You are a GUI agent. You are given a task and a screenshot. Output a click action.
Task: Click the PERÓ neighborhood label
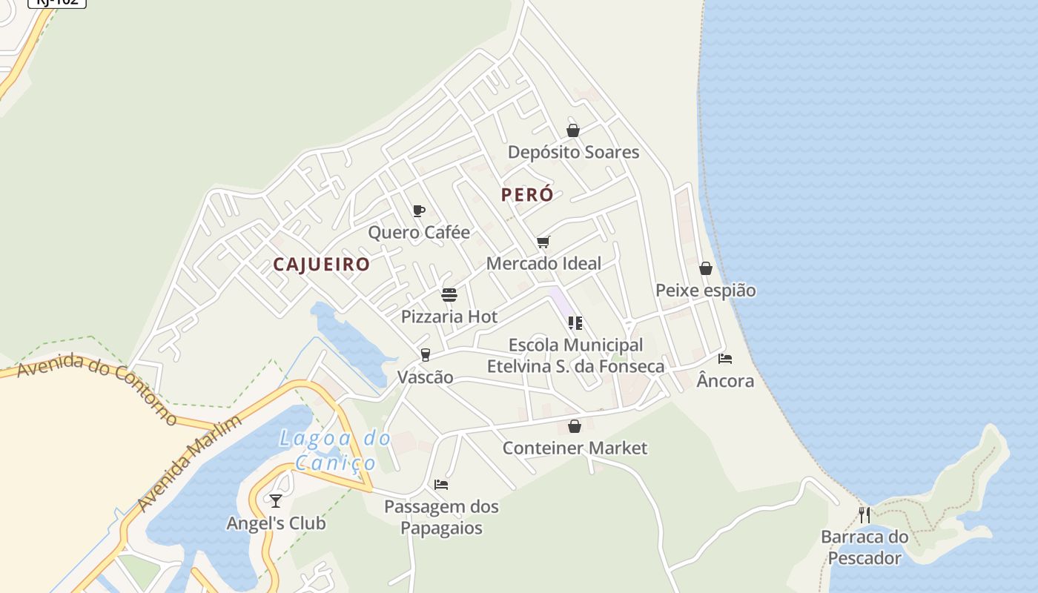point(527,195)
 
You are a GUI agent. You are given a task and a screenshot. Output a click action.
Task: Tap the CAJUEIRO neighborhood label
point(321,265)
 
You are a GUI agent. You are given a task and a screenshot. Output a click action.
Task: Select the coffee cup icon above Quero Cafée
point(418,211)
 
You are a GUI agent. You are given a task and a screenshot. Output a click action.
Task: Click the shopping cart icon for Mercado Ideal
point(543,242)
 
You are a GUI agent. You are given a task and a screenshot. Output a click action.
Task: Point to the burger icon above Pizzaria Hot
point(449,295)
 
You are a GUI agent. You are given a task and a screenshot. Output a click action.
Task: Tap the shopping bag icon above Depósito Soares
point(573,130)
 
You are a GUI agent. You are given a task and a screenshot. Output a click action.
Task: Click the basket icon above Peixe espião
point(706,268)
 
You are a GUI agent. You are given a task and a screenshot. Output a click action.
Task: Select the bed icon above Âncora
point(725,359)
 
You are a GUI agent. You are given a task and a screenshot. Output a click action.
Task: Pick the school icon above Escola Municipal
point(575,323)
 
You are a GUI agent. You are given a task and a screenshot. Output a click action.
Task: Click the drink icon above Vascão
point(425,355)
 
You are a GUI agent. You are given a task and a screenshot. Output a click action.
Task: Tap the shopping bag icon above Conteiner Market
point(575,426)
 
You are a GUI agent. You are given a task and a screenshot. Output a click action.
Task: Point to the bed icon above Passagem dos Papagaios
point(441,485)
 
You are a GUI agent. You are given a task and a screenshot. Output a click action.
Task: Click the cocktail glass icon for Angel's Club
point(276,501)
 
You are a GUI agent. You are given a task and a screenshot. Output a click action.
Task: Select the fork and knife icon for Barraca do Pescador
point(865,514)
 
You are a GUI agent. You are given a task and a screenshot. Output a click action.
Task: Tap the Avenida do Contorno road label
point(96,387)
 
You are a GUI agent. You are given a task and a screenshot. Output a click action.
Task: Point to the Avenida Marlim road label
point(190,463)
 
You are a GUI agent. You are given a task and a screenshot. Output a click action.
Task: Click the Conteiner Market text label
point(575,448)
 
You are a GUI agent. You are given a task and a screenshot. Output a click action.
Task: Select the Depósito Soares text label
point(573,152)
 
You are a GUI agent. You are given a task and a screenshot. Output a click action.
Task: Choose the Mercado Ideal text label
point(543,263)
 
